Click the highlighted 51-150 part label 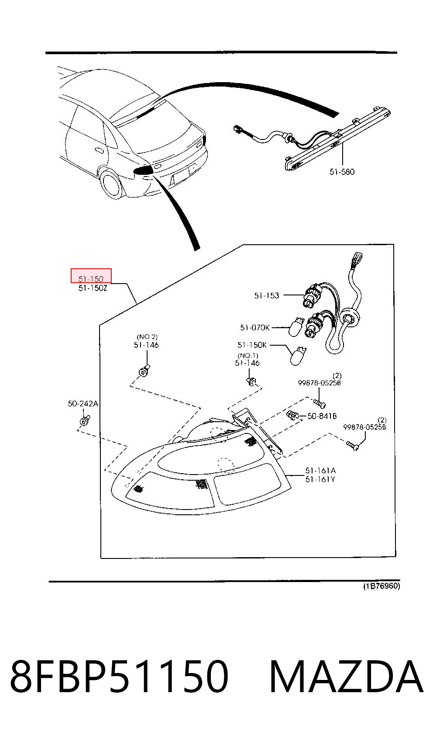point(91,279)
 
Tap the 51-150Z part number point(93,288)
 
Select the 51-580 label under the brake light point(342,172)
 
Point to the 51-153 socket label point(267,295)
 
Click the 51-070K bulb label point(255,327)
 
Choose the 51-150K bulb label point(252,345)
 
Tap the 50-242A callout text point(83,404)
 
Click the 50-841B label point(322,416)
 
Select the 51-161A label point(320,471)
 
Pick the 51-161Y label point(320,479)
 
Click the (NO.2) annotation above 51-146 point(147,336)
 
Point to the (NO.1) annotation point(248,355)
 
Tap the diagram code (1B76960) point(381,586)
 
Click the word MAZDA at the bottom point(346,676)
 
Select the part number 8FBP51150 point(119,676)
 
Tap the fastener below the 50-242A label point(85,420)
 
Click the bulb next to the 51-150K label point(298,356)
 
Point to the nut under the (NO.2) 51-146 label point(144,371)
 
